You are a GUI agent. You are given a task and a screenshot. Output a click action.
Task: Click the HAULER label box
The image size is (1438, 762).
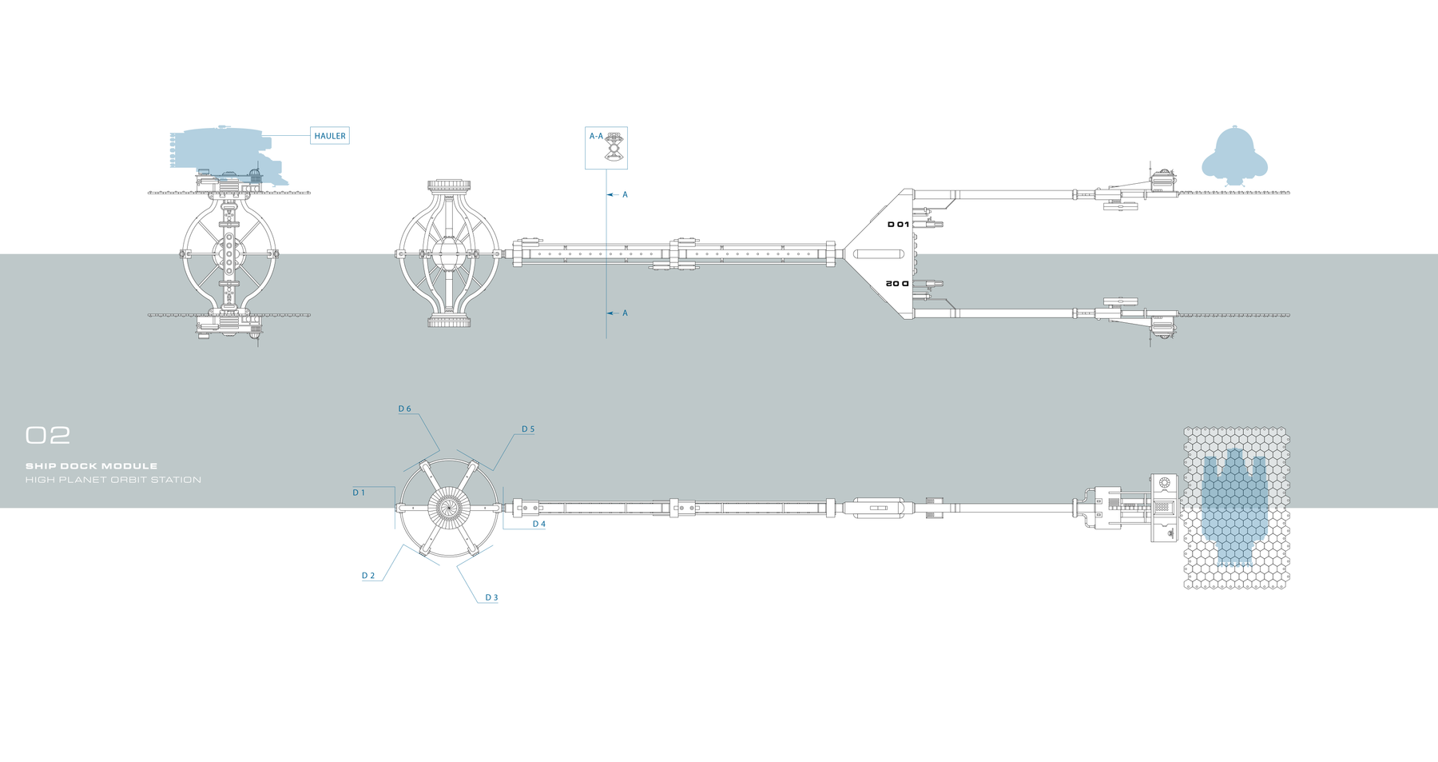tap(329, 136)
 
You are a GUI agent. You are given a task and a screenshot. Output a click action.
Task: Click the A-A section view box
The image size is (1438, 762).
tap(606, 148)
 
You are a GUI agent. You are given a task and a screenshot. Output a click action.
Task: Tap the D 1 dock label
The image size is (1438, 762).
tap(359, 493)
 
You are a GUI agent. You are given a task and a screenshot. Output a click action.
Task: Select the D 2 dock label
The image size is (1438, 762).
tap(367, 576)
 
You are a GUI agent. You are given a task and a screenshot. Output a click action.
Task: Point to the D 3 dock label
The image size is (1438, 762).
tap(491, 597)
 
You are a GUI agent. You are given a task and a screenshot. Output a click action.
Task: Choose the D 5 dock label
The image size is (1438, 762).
tap(528, 429)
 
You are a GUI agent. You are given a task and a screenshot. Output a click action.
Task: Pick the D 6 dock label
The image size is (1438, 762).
tap(405, 409)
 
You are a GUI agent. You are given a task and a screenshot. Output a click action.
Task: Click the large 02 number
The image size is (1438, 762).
tap(48, 436)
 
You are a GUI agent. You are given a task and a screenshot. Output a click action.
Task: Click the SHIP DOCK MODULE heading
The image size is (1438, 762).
tap(91, 466)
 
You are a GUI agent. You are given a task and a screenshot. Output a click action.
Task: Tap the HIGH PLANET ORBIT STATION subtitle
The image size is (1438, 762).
tap(113, 480)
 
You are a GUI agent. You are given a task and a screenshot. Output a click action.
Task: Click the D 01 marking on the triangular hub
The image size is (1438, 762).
tap(898, 225)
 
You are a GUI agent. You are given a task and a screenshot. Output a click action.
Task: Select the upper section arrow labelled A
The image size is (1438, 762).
tap(618, 194)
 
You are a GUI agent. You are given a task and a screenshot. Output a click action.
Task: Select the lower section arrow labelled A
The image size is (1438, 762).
tap(618, 313)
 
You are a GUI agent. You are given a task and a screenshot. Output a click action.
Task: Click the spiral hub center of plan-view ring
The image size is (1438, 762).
tap(447, 507)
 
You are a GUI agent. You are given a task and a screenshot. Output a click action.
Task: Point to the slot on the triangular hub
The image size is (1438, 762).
tap(879, 254)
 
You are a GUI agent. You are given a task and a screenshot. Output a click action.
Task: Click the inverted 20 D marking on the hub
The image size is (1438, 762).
tap(897, 284)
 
